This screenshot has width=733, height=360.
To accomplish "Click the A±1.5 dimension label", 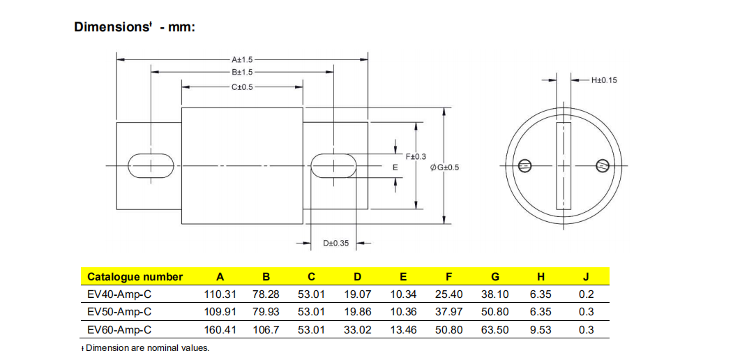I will (242, 60).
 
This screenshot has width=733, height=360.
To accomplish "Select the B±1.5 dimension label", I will (242, 72).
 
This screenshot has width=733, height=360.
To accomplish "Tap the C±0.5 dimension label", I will (242, 87).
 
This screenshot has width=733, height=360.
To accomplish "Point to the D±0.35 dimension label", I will (335, 243).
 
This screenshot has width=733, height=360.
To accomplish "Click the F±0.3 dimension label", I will (416, 156).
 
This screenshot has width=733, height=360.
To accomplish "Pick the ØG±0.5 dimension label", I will (446, 167).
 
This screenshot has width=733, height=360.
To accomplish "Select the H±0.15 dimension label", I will (604, 80).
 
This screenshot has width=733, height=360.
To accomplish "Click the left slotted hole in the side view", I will (151, 165).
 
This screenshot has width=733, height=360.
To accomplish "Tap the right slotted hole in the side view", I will (333, 165).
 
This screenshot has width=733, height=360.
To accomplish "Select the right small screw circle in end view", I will (603, 165).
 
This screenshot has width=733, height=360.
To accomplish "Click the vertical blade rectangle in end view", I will (564, 165).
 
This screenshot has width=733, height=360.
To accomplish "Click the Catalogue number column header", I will (135, 277).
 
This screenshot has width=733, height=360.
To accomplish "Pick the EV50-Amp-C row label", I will (119, 312).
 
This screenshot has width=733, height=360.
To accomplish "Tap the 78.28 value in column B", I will (266, 294).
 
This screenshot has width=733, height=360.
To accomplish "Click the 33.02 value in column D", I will (358, 330).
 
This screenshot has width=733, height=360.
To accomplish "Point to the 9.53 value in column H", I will (541, 330).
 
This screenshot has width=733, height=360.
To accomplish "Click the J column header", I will (586, 277).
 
